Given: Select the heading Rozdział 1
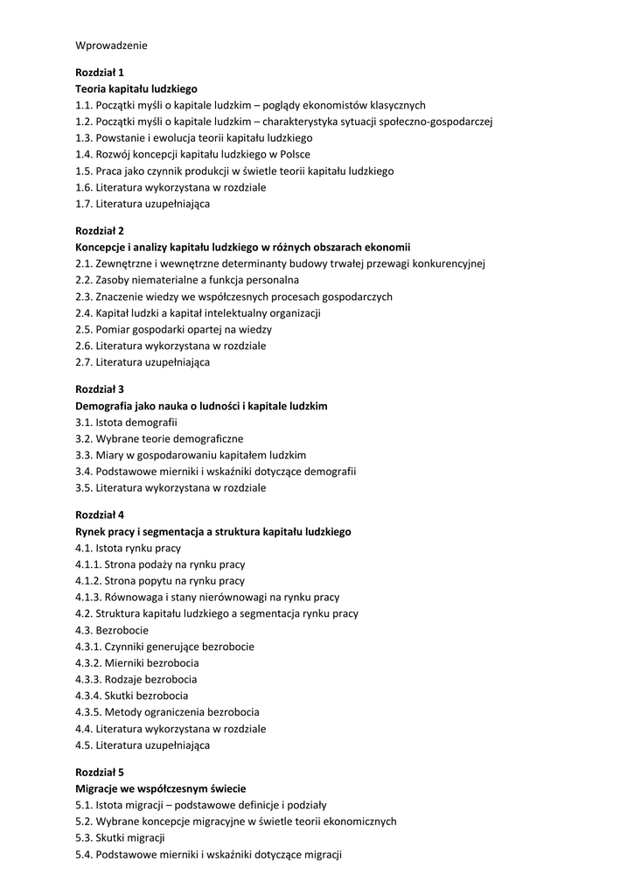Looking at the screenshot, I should click(x=100, y=72).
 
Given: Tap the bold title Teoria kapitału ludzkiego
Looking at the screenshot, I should click(x=136, y=88).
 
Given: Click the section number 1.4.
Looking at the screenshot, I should click(x=84, y=154).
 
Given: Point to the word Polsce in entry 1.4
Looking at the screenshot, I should click(x=294, y=154).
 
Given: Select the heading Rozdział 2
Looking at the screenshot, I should click(x=100, y=230).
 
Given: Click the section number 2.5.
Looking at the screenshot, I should click(x=84, y=329).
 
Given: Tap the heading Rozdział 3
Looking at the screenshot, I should click(x=100, y=388).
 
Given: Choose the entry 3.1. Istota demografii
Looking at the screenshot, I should click(x=127, y=422).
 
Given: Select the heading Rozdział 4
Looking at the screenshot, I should click(x=100, y=514).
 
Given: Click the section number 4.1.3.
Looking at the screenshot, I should click(x=89, y=597).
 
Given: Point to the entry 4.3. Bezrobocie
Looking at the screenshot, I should click(x=112, y=630).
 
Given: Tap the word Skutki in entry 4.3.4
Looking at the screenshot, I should click(x=119, y=696).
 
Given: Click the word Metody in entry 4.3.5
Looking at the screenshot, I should click(x=122, y=712).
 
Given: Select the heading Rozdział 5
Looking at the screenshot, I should click(x=100, y=772).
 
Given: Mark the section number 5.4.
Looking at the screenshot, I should click(x=84, y=854).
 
